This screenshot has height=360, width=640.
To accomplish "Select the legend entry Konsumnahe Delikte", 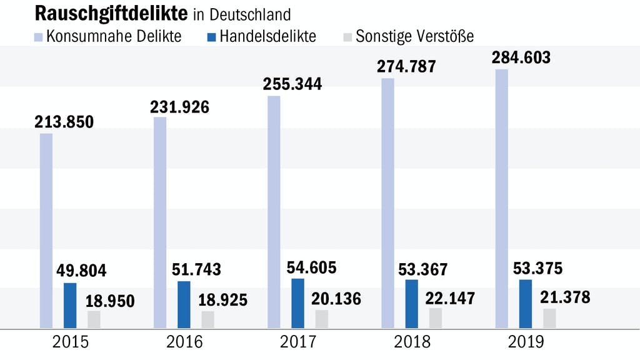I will tap(112, 36).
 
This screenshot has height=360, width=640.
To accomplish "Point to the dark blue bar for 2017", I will tap(298, 303).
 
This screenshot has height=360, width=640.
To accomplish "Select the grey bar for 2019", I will tap(549, 318).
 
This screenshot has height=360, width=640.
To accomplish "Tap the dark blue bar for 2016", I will tap(184, 304).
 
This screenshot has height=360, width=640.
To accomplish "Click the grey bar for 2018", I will tap(436, 317).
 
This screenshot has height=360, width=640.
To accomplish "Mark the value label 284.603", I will tap(521, 58).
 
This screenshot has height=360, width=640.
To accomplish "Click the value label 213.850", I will tap(64, 121).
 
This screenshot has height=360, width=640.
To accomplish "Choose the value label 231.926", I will tap(179, 106).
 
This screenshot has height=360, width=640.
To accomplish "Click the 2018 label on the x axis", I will tap(412, 342).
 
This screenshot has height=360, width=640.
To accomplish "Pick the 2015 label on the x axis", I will tap(71, 342).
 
